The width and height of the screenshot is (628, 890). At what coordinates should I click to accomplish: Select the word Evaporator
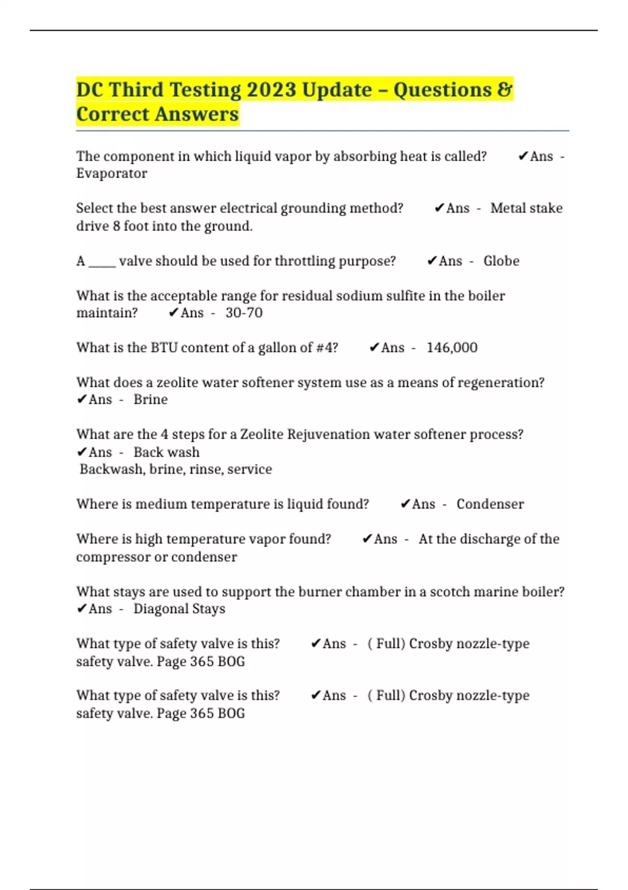111,173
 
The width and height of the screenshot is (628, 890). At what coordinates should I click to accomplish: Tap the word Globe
501,261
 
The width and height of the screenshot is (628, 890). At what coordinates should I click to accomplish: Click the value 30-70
244,313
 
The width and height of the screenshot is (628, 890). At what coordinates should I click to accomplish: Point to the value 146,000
452,348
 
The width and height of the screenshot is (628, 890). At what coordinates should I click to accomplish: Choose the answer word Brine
150,399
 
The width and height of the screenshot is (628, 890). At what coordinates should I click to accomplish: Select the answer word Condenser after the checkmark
490,504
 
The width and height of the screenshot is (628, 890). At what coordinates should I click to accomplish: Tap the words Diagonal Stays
179,609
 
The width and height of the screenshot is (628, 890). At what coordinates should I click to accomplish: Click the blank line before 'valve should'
102,262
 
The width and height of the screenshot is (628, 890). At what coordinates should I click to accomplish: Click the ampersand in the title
504,90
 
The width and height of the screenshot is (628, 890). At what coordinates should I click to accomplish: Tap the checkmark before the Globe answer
432,261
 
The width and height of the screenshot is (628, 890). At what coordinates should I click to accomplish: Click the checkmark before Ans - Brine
82,399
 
